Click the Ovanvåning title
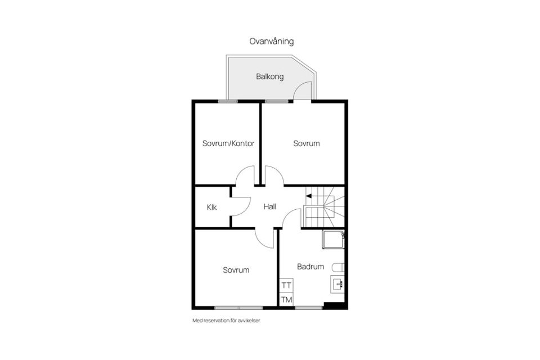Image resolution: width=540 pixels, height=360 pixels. pyautogui.click(x=271, y=41)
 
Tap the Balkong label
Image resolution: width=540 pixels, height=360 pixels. pyautogui.click(x=269, y=76)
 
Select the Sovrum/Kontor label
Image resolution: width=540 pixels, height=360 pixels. pyautogui.click(x=228, y=143)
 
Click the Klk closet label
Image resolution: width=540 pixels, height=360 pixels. pyautogui.click(x=212, y=207)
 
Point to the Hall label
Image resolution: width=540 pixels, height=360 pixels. pyautogui.click(x=270, y=206)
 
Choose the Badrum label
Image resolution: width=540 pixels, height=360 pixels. pyautogui.click(x=310, y=266)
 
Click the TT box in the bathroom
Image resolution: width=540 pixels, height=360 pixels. pyautogui.click(x=286, y=285)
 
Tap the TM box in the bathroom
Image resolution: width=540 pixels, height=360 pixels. pyautogui.click(x=286, y=300)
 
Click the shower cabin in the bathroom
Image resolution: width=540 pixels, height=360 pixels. pyautogui.click(x=334, y=240)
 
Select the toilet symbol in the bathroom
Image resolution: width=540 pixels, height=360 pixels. pyautogui.click(x=338, y=268)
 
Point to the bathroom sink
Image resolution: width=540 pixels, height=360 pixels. pyautogui.click(x=337, y=284)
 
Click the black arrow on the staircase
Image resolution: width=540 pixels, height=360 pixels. pyautogui.click(x=309, y=196)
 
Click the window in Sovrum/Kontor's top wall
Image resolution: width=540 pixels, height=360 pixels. pyautogui.click(x=228, y=101)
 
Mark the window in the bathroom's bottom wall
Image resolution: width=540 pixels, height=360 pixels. pyautogui.click(x=309, y=308)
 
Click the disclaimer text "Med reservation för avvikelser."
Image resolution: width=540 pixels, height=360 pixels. pyautogui.click(x=227, y=321)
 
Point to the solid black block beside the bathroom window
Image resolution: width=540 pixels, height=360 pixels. pyautogui.click(x=334, y=305)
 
